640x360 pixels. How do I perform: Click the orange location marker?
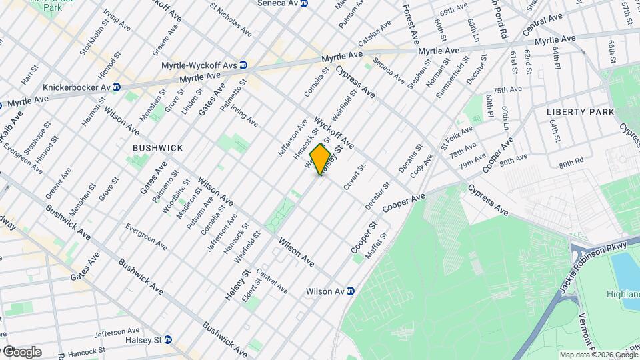point(321,159)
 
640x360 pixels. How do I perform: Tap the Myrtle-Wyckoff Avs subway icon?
point(243,65)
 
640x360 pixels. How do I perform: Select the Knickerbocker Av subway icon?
point(117,87)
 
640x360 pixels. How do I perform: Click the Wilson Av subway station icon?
point(350,291)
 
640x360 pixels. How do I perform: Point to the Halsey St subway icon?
point(167,339)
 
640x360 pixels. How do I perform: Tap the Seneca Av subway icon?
point(305,3)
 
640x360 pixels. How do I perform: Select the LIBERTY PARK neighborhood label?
point(580,112)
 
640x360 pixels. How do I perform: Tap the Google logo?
point(21,352)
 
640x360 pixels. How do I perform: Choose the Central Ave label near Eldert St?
point(271,282)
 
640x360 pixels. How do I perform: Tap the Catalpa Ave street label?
point(375,34)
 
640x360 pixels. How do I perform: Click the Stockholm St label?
point(92,41)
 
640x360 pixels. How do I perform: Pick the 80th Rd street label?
point(571,162)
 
